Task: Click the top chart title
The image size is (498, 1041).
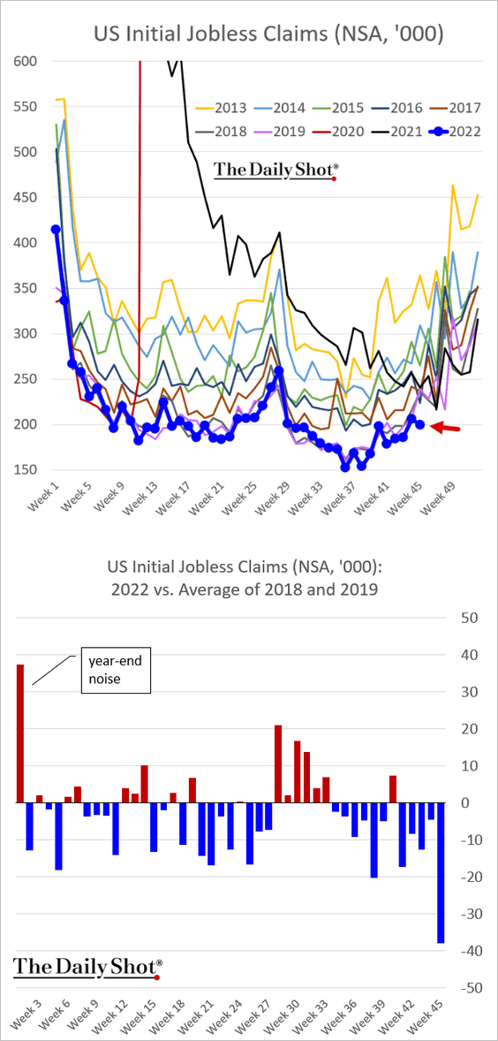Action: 268,34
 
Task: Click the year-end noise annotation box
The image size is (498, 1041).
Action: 116,671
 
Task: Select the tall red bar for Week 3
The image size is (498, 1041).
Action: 20,733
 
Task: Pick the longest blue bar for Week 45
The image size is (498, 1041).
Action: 441,872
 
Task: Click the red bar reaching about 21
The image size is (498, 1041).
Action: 278,764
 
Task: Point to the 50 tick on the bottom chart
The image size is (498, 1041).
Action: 469,618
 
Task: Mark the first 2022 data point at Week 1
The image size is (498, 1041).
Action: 56,229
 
